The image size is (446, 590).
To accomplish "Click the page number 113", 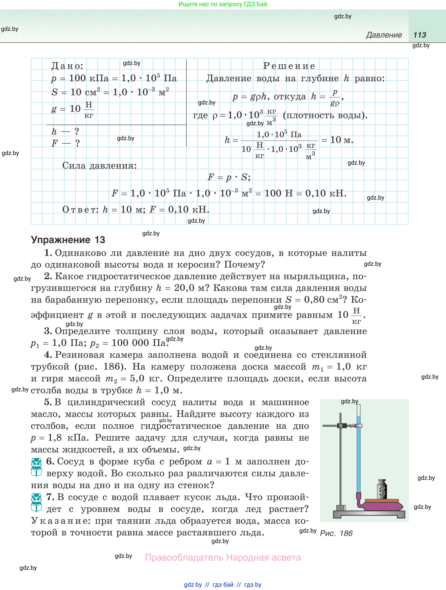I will click(420, 35).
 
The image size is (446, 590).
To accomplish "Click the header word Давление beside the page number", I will click(384, 35).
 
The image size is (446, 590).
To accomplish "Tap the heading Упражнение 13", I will click(68, 240).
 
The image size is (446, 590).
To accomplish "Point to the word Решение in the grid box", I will click(289, 66).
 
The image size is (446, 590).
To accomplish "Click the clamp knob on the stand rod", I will click(341, 426).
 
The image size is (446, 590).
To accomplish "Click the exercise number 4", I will click(48, 355).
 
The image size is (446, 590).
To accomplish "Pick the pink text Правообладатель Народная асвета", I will click(223, 557).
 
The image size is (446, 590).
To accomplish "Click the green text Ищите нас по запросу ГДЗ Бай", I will click(223, 4).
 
